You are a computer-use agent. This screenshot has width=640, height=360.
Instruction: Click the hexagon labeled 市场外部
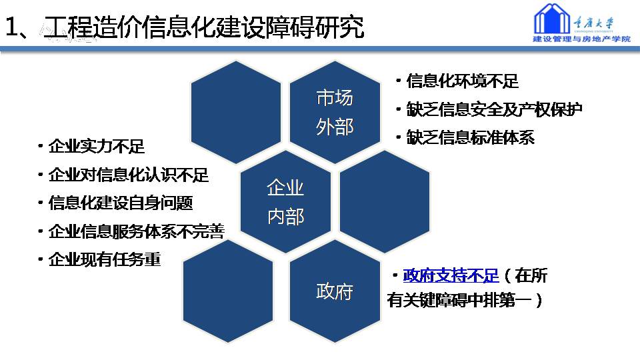335,112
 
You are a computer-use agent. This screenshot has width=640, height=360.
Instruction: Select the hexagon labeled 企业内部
285,201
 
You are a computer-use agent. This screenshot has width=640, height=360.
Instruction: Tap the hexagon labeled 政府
335,291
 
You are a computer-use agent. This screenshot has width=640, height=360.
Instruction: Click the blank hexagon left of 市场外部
236,112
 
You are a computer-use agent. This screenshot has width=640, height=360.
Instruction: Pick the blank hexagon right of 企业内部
385,201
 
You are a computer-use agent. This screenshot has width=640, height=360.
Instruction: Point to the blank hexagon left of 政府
228,291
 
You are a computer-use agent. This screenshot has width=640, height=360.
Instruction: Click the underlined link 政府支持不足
451,276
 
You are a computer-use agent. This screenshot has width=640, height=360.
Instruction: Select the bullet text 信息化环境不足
463,81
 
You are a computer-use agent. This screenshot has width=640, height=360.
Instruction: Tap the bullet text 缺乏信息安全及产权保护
494,109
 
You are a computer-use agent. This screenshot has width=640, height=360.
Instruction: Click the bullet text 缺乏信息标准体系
471,137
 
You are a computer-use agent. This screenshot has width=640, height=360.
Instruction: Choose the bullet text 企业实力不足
97,147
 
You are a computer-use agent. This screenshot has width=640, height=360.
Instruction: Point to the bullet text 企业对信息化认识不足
129,175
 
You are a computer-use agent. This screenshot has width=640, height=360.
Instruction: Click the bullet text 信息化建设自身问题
121,203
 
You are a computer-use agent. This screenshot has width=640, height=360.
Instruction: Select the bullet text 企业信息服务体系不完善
137,231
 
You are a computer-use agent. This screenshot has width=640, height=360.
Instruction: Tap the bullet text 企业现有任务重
105,259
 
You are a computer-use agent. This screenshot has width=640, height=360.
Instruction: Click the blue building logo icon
552,19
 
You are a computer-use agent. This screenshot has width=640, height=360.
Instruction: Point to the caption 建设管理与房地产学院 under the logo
581,39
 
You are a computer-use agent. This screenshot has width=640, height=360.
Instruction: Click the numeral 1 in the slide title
11,27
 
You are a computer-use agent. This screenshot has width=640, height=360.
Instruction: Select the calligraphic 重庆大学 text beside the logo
593,22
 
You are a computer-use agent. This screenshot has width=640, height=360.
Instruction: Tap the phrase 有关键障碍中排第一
459,301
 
